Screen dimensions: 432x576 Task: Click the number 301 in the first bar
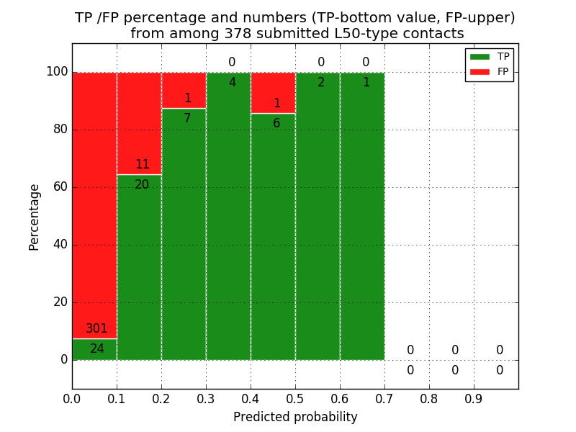click(96, 329)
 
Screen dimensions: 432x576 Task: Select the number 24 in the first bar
click(97, 349)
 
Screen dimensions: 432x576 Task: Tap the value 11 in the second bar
click(142, 165)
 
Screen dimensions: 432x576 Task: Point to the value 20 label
click(142, 185)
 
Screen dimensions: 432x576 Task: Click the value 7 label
click(187, 119)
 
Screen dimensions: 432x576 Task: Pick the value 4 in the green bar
click(232, 83)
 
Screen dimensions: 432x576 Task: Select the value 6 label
click(276, 124)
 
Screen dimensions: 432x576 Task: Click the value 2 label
click(321, 83)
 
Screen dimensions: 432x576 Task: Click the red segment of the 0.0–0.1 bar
click(94, 202)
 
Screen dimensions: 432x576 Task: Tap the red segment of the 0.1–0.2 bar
click(139, 122)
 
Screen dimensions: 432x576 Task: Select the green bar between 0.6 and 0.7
click(362, 216)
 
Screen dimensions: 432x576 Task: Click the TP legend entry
click(490, 57)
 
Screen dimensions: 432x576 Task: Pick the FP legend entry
click(490, 71)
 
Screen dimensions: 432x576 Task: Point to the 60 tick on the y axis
click(60, 187)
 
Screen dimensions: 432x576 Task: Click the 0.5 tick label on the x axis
click(295, 398)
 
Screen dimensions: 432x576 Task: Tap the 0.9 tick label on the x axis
click(474, 398)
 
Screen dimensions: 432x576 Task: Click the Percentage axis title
click(35, 217)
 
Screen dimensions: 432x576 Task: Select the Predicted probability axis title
click(295, 417)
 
